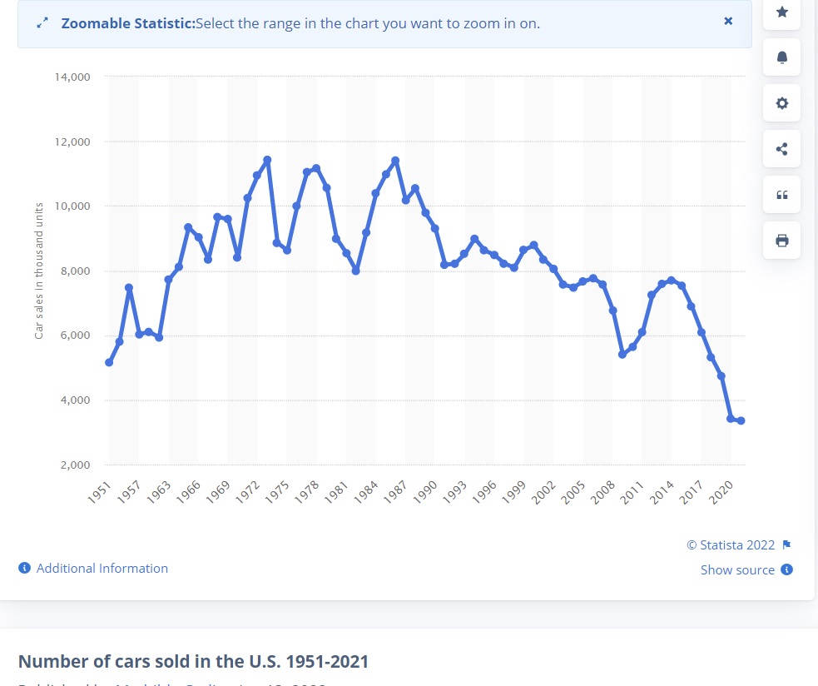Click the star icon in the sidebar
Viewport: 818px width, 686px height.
tap(781, 12)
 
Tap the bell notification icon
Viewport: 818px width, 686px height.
tap(781, 57)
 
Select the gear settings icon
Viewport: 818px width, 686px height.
tap(781, 103)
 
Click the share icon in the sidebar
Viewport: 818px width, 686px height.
tap(781, 149)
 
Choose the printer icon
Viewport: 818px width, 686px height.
tap(781, 241)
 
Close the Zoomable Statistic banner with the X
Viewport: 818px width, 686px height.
tap(728, 21)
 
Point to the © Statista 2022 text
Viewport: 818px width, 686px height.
tap(731, 545)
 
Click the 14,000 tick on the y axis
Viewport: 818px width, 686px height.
tap(72, 77)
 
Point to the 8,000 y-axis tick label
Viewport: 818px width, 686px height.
tap(75, 271)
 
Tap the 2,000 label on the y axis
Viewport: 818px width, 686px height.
tap(75, 465)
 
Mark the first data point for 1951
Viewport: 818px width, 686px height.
tap(109, 362)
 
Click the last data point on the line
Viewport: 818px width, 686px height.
tap(741, 420)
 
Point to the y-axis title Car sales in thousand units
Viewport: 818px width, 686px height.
tap(39, 271)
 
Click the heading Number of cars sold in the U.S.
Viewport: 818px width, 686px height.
tap(193, 662)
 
